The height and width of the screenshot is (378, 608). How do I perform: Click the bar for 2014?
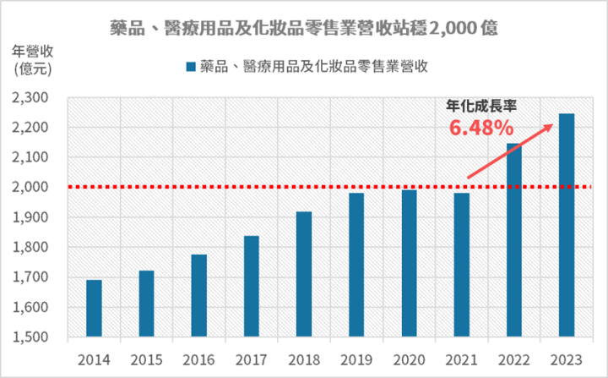(x=94, y=308)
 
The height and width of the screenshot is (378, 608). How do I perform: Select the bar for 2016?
(x=198, y=295)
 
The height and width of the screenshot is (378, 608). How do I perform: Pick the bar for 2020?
(x=409, y=263)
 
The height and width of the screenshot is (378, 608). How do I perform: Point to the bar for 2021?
(x=461, y=265)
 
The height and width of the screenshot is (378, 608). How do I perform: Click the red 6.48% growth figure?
(x=480, y=129)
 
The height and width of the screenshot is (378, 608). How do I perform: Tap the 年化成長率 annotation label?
(x=480, y=107)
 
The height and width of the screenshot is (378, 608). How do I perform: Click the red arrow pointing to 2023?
(x=511, y=151)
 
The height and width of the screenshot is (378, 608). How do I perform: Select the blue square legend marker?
(x=191, y=66)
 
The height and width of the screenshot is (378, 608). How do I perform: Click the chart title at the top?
(x=304, y=27)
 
